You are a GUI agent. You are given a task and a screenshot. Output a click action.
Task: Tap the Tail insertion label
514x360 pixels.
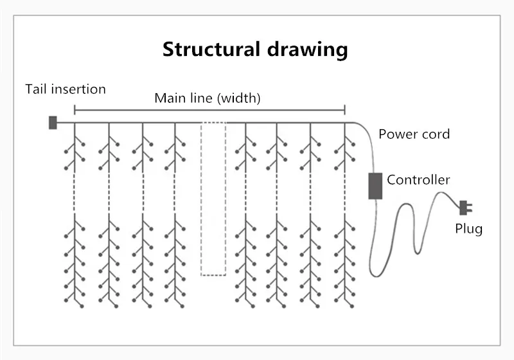66,89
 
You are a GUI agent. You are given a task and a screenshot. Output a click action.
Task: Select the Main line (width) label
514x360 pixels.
208,98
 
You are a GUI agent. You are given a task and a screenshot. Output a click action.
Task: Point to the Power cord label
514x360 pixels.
414,134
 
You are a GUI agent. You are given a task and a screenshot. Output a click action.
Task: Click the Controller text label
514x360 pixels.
418,180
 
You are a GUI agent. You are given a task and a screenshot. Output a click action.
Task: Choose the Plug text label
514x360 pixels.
468,228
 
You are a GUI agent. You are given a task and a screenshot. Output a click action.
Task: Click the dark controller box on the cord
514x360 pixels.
375,185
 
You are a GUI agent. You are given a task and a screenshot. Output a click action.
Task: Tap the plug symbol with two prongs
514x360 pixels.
466,207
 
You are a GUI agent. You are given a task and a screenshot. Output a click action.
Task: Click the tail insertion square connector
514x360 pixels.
53,122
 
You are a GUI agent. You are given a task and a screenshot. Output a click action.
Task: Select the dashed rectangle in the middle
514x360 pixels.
213,199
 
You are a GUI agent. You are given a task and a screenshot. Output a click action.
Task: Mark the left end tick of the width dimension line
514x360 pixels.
75,109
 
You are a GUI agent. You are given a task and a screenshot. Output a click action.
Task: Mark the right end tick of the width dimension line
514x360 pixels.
345,109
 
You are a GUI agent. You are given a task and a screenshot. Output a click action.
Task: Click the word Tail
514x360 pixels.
37,89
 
